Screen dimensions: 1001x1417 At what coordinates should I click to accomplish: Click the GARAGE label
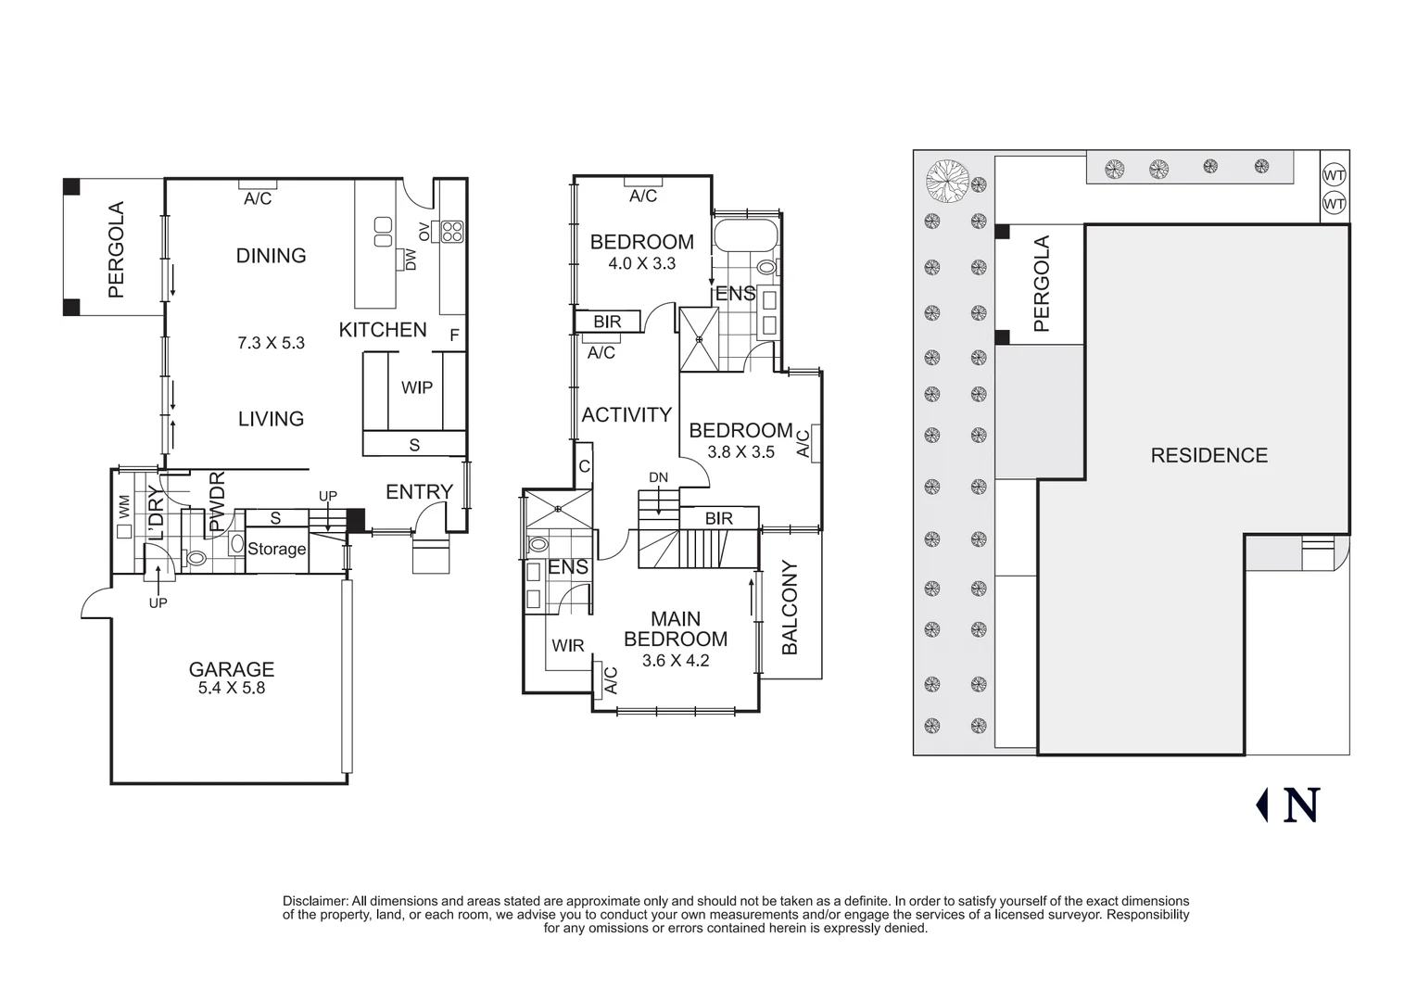[x=231, y=668]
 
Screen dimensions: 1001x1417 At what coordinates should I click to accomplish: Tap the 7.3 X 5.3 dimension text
[x=271, y=343]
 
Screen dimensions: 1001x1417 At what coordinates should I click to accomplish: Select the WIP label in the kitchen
[x=416, y=387]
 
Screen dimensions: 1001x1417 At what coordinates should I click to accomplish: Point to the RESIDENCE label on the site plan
[x=1208, y=455]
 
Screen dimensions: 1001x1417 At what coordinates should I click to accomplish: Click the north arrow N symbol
[x=1300, y=805]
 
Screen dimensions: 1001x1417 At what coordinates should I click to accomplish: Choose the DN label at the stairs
[x=658, y=477]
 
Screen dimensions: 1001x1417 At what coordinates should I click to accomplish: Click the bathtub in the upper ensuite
[x=746, y=234]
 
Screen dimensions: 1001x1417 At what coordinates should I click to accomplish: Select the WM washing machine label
[x=123, y=506]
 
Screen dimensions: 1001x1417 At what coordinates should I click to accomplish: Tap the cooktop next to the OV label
[x=451, y=231]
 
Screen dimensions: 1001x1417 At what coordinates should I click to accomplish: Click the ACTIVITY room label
[x=626, y=415]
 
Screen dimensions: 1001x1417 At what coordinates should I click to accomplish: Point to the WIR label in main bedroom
[x=567, y=645]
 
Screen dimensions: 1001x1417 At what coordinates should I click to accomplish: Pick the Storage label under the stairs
[x=276, y=549]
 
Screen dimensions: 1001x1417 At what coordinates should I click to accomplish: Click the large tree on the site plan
[x=948, y=180]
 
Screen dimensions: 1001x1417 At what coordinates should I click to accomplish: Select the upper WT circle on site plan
[x=1334, y=175]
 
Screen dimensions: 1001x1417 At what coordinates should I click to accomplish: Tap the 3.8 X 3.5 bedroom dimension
[x=740, y=452]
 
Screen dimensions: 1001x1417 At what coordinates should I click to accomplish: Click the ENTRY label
[x=419, y=492]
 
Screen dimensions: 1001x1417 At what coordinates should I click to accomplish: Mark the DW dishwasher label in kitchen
[x=411, y=260]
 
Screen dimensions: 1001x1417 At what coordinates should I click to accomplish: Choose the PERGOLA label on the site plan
[x=1042, y=284]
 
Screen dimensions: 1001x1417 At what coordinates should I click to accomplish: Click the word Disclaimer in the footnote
[x=315, y=901]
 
